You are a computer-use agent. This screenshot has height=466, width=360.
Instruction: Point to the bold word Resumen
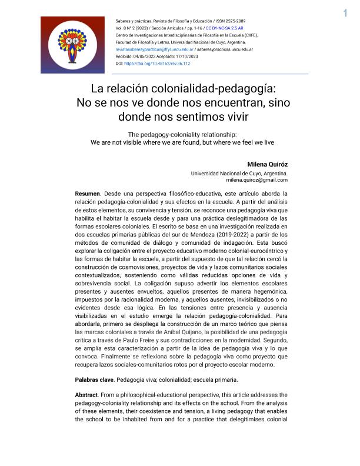88,194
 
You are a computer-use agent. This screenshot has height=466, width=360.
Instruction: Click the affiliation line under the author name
239,174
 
